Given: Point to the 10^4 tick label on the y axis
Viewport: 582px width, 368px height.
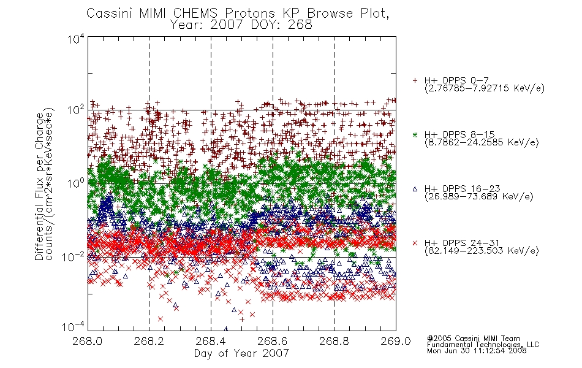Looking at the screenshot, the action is (x=76, y=39).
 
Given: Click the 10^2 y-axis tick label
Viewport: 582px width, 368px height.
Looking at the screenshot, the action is (x=76, y=110).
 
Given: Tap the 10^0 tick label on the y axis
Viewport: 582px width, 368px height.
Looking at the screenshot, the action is (x=76, y=183).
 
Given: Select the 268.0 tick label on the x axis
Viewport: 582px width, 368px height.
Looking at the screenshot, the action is (x=88, y=341).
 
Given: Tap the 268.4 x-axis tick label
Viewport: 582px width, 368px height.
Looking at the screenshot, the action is (x=211, y=341).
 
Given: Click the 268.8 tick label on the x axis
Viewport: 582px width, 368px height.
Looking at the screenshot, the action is (x=334, y=341).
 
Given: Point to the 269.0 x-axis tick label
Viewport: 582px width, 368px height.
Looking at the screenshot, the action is (x=396, y=341).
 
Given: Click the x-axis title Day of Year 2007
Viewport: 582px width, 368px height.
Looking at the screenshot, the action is (x=241, y=353).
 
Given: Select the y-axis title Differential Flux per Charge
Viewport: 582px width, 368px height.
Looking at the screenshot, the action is (x=39, y=186).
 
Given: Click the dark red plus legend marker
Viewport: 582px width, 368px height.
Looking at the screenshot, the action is (x=415, y=80).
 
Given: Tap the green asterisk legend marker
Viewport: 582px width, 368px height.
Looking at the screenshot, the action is (x=415, y=134).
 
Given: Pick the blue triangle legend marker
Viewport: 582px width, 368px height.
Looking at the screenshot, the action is (x=415, y=189).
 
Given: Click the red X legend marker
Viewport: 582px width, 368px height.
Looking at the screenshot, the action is (x=415, y=243).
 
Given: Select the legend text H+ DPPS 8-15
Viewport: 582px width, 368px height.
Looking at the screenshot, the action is (x=459, y=134).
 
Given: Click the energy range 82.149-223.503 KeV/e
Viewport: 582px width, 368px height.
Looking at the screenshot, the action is (x=482, y=251).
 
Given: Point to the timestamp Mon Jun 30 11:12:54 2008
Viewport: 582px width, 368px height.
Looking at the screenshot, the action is (x=477, y=350).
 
